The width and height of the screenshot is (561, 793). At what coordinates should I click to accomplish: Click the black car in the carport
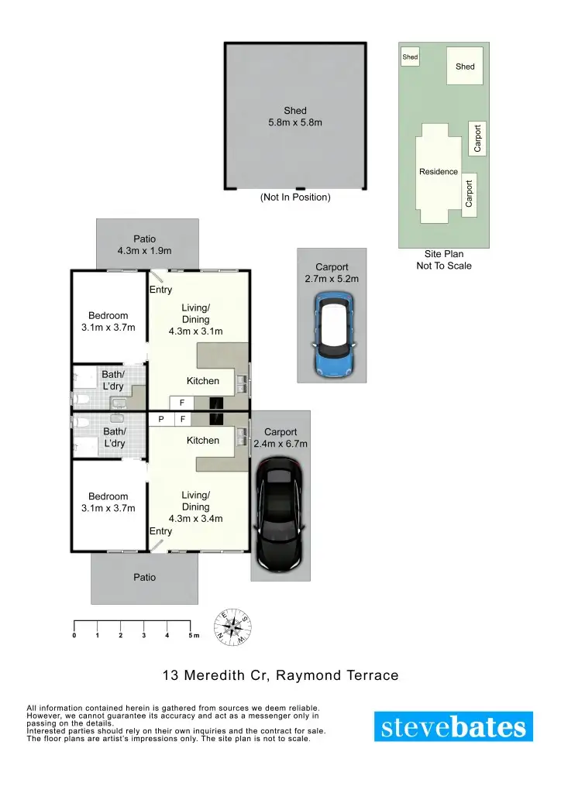280,513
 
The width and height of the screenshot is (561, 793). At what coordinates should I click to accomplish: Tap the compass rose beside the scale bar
232,627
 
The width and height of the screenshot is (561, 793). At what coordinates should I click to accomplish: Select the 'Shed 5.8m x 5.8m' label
294,116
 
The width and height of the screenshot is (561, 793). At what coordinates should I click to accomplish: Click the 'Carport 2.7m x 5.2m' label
332,273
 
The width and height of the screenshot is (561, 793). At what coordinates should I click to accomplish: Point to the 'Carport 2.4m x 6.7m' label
280,438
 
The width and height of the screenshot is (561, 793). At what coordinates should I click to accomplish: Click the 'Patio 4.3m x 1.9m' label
144,245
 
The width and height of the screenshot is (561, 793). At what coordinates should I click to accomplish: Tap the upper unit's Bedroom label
108,321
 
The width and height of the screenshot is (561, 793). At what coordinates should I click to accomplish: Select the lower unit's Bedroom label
108,502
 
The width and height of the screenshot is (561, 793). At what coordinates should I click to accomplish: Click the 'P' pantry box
160,419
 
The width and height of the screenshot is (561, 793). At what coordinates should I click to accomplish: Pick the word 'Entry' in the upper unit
160,290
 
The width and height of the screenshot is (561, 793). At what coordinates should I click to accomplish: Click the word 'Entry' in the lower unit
160,531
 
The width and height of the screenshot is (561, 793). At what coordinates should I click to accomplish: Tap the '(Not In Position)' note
295,197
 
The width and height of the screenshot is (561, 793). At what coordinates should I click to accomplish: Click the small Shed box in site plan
410,57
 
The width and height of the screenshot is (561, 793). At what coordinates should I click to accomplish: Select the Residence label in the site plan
439,172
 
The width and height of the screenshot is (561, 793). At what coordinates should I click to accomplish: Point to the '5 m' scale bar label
193,636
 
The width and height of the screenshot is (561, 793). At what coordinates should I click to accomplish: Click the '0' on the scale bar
74,636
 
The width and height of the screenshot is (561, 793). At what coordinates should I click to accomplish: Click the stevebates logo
453,726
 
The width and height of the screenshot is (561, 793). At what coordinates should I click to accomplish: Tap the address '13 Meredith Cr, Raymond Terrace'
280,675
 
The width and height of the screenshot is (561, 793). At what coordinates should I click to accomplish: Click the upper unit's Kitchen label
203,381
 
